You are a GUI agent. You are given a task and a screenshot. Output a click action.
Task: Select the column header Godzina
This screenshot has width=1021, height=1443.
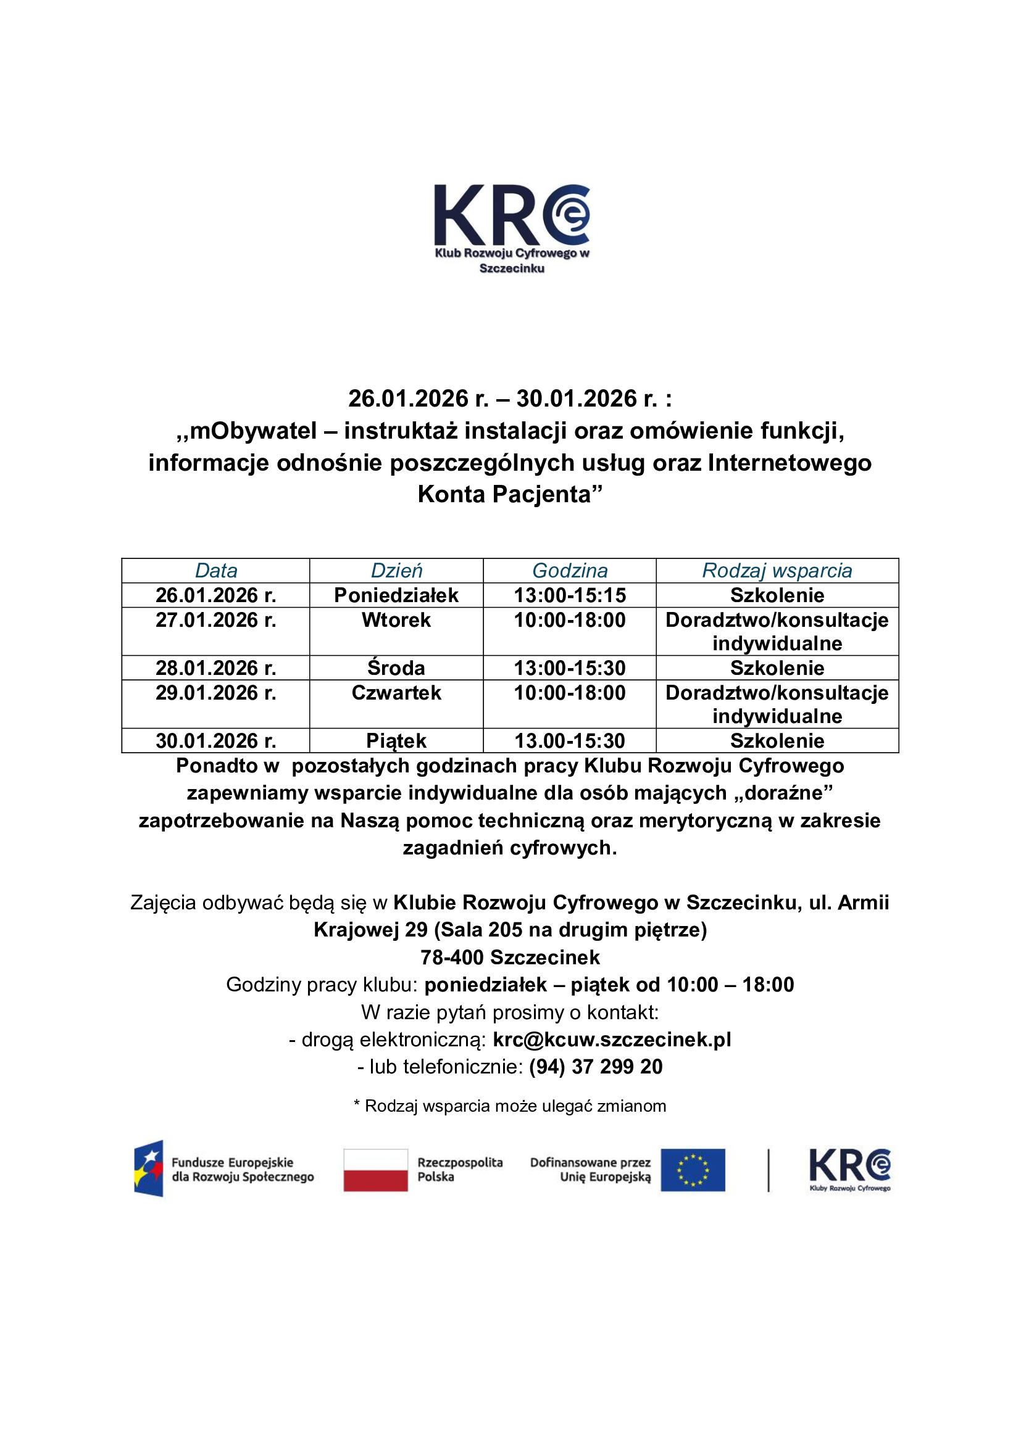pos(570,571)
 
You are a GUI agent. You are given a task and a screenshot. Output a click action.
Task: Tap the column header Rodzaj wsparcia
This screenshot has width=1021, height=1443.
pos(777,571)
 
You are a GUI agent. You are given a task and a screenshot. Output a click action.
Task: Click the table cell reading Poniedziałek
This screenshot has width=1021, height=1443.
pos(396,595)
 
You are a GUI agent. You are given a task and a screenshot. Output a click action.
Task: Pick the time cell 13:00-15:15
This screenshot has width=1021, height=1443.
pos(570,595)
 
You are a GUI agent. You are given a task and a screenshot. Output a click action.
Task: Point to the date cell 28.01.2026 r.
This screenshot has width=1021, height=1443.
pos(215,668)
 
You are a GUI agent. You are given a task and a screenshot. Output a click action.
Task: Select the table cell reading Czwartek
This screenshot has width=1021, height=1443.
pos(396,693)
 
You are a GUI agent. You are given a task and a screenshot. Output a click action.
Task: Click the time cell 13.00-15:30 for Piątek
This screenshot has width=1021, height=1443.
pos(570,741)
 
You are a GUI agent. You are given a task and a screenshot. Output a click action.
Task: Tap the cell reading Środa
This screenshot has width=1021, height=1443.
pos(396,668)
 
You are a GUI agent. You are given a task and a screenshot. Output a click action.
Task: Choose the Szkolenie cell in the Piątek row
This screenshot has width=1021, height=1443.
pos(777,741)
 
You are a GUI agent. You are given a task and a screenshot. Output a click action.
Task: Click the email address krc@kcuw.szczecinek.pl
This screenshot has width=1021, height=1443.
pos(612,1040)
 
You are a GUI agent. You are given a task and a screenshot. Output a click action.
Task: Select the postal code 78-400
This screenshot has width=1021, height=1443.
pos(452,957)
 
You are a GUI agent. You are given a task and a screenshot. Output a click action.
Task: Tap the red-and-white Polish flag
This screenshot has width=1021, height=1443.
pos(375,1170)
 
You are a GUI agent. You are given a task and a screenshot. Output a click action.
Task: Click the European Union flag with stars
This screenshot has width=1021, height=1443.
pos(692,1170)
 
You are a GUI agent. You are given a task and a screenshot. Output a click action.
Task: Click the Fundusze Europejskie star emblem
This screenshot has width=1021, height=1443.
pos(149,1168)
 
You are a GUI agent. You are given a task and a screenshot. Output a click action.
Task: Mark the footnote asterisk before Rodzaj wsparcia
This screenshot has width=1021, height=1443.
pos(357,1104)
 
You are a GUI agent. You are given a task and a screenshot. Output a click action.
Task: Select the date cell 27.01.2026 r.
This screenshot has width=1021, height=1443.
pos(215,620)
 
